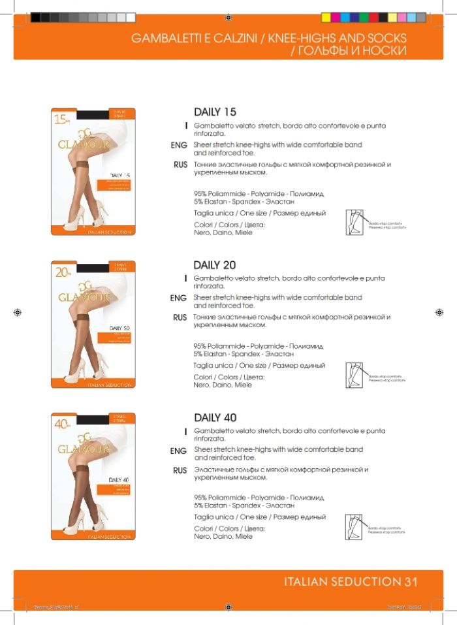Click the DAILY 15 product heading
[215, 112]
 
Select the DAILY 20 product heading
[214, 265]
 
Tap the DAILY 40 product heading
[215, 417]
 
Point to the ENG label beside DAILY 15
[178, 145]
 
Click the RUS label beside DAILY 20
[180, 318]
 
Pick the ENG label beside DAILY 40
[178, 451]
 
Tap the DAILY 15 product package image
[93, 172]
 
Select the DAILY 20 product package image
[93, 325]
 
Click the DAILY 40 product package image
[93, 477]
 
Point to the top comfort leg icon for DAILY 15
[354, 222]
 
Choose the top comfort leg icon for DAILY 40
[354, 527]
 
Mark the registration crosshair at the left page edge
[18, 312]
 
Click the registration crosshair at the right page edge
[439, 312]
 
